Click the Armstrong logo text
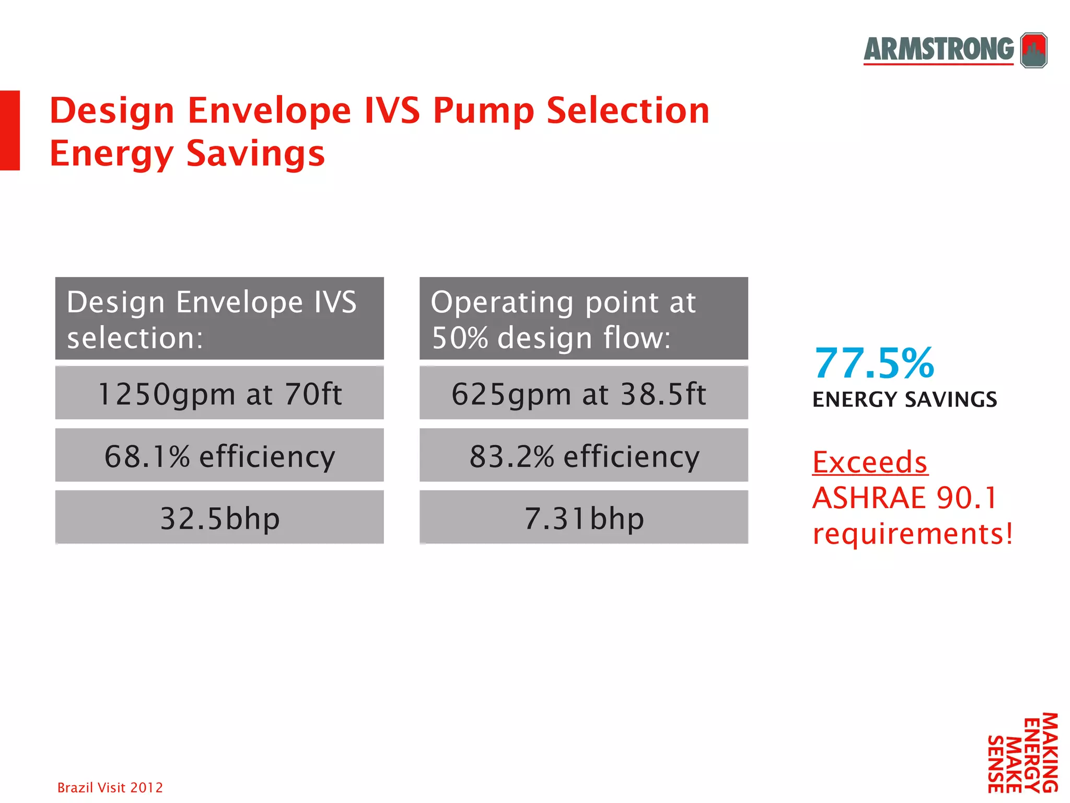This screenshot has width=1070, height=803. [x=938, y=49]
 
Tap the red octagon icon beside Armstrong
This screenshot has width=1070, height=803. [x=1034, y=50]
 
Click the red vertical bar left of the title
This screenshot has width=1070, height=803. [x=9, y=130]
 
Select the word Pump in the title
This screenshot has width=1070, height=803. [x=483, y=111]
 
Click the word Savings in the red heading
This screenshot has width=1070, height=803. [x=255, y=154]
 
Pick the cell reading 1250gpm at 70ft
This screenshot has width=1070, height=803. [x=219, y=393]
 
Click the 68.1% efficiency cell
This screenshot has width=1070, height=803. [x=219, y=455]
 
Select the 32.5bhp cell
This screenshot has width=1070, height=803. [x=219, y=518]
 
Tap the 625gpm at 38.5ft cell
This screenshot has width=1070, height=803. [x=584, y=393]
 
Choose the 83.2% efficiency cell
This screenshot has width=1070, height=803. [x=584, y=455]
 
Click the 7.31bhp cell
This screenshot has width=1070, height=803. [x=584, y=518]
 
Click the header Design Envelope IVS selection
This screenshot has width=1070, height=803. [x=219, y=319]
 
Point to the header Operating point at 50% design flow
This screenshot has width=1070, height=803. [x=584, y=319]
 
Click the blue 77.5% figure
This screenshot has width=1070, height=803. [x=874, y=363]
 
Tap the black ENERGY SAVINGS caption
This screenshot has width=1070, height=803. [x=904, y=400]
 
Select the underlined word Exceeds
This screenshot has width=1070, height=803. [x=870, y=463]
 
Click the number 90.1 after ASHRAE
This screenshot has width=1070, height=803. [x=967, y=498]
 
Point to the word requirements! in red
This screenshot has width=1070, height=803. [x=913, y=534]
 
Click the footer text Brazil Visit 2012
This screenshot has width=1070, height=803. [x=110, y=787]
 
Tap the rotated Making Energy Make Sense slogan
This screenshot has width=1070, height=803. [x=1022, y=753]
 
